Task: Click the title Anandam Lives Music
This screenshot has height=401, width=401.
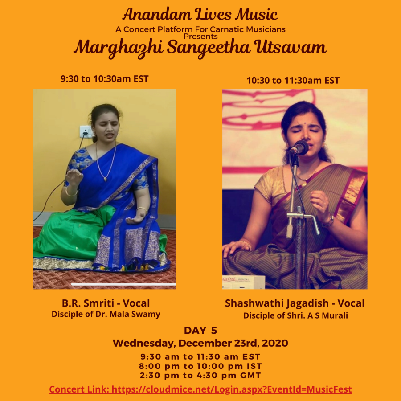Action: pyautogui.click(x=200, y=14)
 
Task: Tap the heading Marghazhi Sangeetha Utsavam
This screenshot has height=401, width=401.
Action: pyautogui.click(x=200, y=48)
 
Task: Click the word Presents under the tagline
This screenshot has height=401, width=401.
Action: pyautogui.click(x=200, y=37)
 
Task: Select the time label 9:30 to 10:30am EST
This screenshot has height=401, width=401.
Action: pyautogui.click(x=104, y=79)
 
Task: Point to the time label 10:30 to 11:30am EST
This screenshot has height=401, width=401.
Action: pyautogui.click(x=293, y=81)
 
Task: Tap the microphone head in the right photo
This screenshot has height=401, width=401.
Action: pyautogui.click(x=299, y=148)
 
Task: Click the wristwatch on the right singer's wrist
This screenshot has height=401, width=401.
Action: pyautogui.click(x=329, y=221)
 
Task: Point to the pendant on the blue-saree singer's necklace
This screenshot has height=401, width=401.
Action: pyautogui.click(x=105, y=179)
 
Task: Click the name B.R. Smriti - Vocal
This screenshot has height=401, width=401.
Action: pyautogui.click(x=106, y=303)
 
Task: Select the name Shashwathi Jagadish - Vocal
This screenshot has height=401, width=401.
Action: pyautogui.click(x=295, y=303)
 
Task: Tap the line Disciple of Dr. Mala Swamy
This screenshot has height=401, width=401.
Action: pyautogui.click(x=106, y=314)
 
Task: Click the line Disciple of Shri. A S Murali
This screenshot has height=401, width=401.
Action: pyautogui.click(x=295, y=315)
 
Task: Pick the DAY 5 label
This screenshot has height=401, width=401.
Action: pyautogui.click(x=200, y=331)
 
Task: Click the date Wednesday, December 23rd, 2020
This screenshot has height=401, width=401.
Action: pyautogui.click(x=200, y=343)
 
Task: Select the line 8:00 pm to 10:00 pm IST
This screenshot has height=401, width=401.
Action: pyautogui.click(x=200, y=366)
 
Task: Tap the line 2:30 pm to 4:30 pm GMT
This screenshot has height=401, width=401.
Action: pyautogui.click(x=200, y=376)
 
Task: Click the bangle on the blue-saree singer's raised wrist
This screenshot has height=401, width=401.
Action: pyautogui.click(x=71, y=192)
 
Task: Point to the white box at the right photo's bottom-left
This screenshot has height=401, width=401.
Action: pyautogui.click(x=243, y=282)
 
